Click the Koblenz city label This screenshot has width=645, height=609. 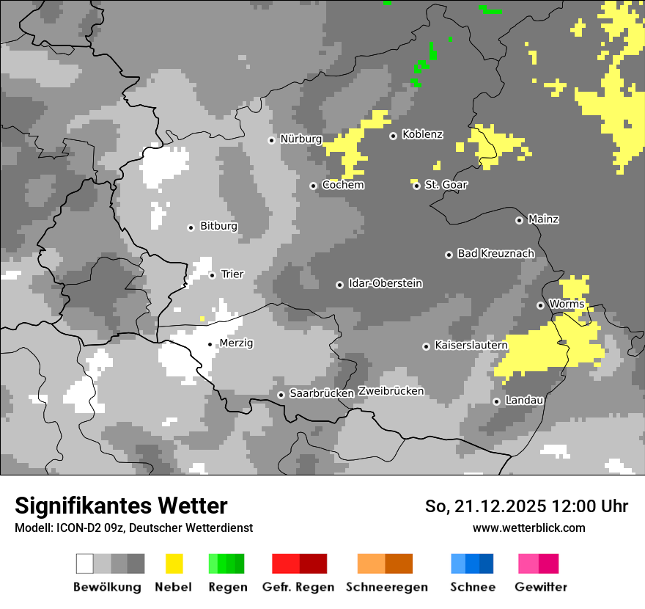(422, 135)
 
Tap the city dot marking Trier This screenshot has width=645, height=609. (213, 275)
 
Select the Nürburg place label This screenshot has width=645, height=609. (301, 139)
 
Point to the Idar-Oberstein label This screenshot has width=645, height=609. (386, 284)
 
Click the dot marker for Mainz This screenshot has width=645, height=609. (519, 220)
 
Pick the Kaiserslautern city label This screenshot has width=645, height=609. (471, 345)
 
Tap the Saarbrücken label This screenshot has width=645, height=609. (322, 393)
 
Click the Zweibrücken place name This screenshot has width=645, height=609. (391, 391)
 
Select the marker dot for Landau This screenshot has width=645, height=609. (496, 401)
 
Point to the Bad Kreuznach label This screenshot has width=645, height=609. (495, 253)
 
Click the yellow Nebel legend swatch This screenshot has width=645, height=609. (174, 564)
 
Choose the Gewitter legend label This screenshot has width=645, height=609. (541, 587)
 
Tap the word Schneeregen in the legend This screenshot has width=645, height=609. (387, 587)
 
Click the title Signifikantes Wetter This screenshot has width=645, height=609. (121, 506)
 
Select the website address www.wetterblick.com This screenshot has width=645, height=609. (528, 528)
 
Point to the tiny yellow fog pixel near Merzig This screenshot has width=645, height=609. (202, 318)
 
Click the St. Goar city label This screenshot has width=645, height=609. (446, 185)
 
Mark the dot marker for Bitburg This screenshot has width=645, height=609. (191, 227)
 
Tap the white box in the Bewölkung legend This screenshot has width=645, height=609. (85, 564)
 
